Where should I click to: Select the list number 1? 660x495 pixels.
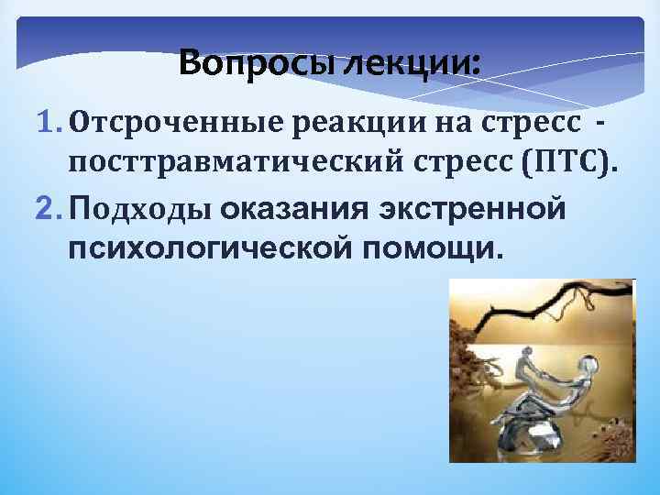click(47, 123)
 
